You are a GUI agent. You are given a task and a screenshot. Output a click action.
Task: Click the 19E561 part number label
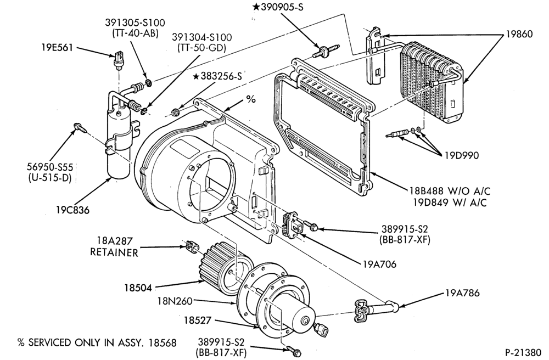click(x=56, y=48)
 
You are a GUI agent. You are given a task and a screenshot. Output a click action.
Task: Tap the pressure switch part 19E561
click(x=119, y=59)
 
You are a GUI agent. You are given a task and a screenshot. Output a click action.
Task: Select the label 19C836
click(x=72, y=210)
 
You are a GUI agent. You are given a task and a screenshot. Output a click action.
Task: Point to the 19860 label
click(x=519, y=34)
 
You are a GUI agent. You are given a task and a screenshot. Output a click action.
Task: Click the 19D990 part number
click(x=462, y=155)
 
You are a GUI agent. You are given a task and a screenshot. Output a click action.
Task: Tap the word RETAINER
click(x=114, y=252)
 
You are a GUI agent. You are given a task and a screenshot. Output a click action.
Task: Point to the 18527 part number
click(x=198, y=320)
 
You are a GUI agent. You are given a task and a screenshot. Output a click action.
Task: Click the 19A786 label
click(x=462, y=293)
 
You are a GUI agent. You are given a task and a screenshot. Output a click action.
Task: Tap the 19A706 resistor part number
click(x=379, y=264)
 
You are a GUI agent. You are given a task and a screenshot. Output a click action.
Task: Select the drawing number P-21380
click(x=523, y=352)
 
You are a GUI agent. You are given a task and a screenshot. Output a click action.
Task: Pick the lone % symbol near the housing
click(x=251, y=99)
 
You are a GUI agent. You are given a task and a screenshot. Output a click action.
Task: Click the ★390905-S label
click(x=277, y=7)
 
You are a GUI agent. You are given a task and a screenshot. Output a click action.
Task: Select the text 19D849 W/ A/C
click(x=450, y=202)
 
